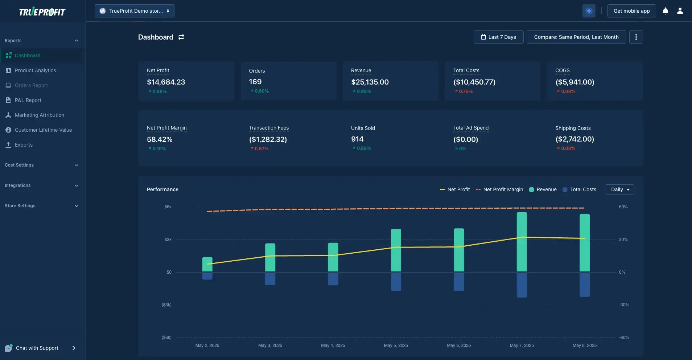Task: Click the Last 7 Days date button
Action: pyautogui.click(x=498, y=37)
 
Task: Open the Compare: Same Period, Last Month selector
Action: pyautogui.click(x=576, y=37)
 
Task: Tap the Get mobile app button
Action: pyautogui.click(x=631, y=11)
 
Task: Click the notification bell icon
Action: pyautogui.click(x=666, y=11)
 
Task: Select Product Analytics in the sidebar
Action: pyautogui.click(x=35, y=70)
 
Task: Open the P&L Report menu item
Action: pyautogui.click(x=28, y=100)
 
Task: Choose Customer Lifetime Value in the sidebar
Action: pyautogui.click(x=43, y=130)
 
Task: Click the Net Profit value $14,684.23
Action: pyautogui.click(x=166, y=82)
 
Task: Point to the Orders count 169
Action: pyautogui.click(x=255, y=82)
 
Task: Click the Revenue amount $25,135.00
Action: pyautogui.click(x=370, y=82)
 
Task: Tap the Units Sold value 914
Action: pyautogui.click(x=357, y=139)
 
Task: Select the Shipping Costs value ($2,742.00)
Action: pyautogui.click(x=574, y=139)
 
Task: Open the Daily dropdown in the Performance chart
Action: pyautogui.click(x=619, y=189)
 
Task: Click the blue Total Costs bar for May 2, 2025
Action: pyautogui.click(x=207, y=276)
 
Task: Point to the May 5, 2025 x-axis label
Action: pyautogui.click(x=396, y=345)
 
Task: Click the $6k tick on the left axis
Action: pyautogui.click(x=168, y=207)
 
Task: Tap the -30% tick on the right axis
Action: pyautogui.click(x=624, y=305)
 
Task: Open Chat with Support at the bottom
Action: pyautogui.click(x=37, y=348)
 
